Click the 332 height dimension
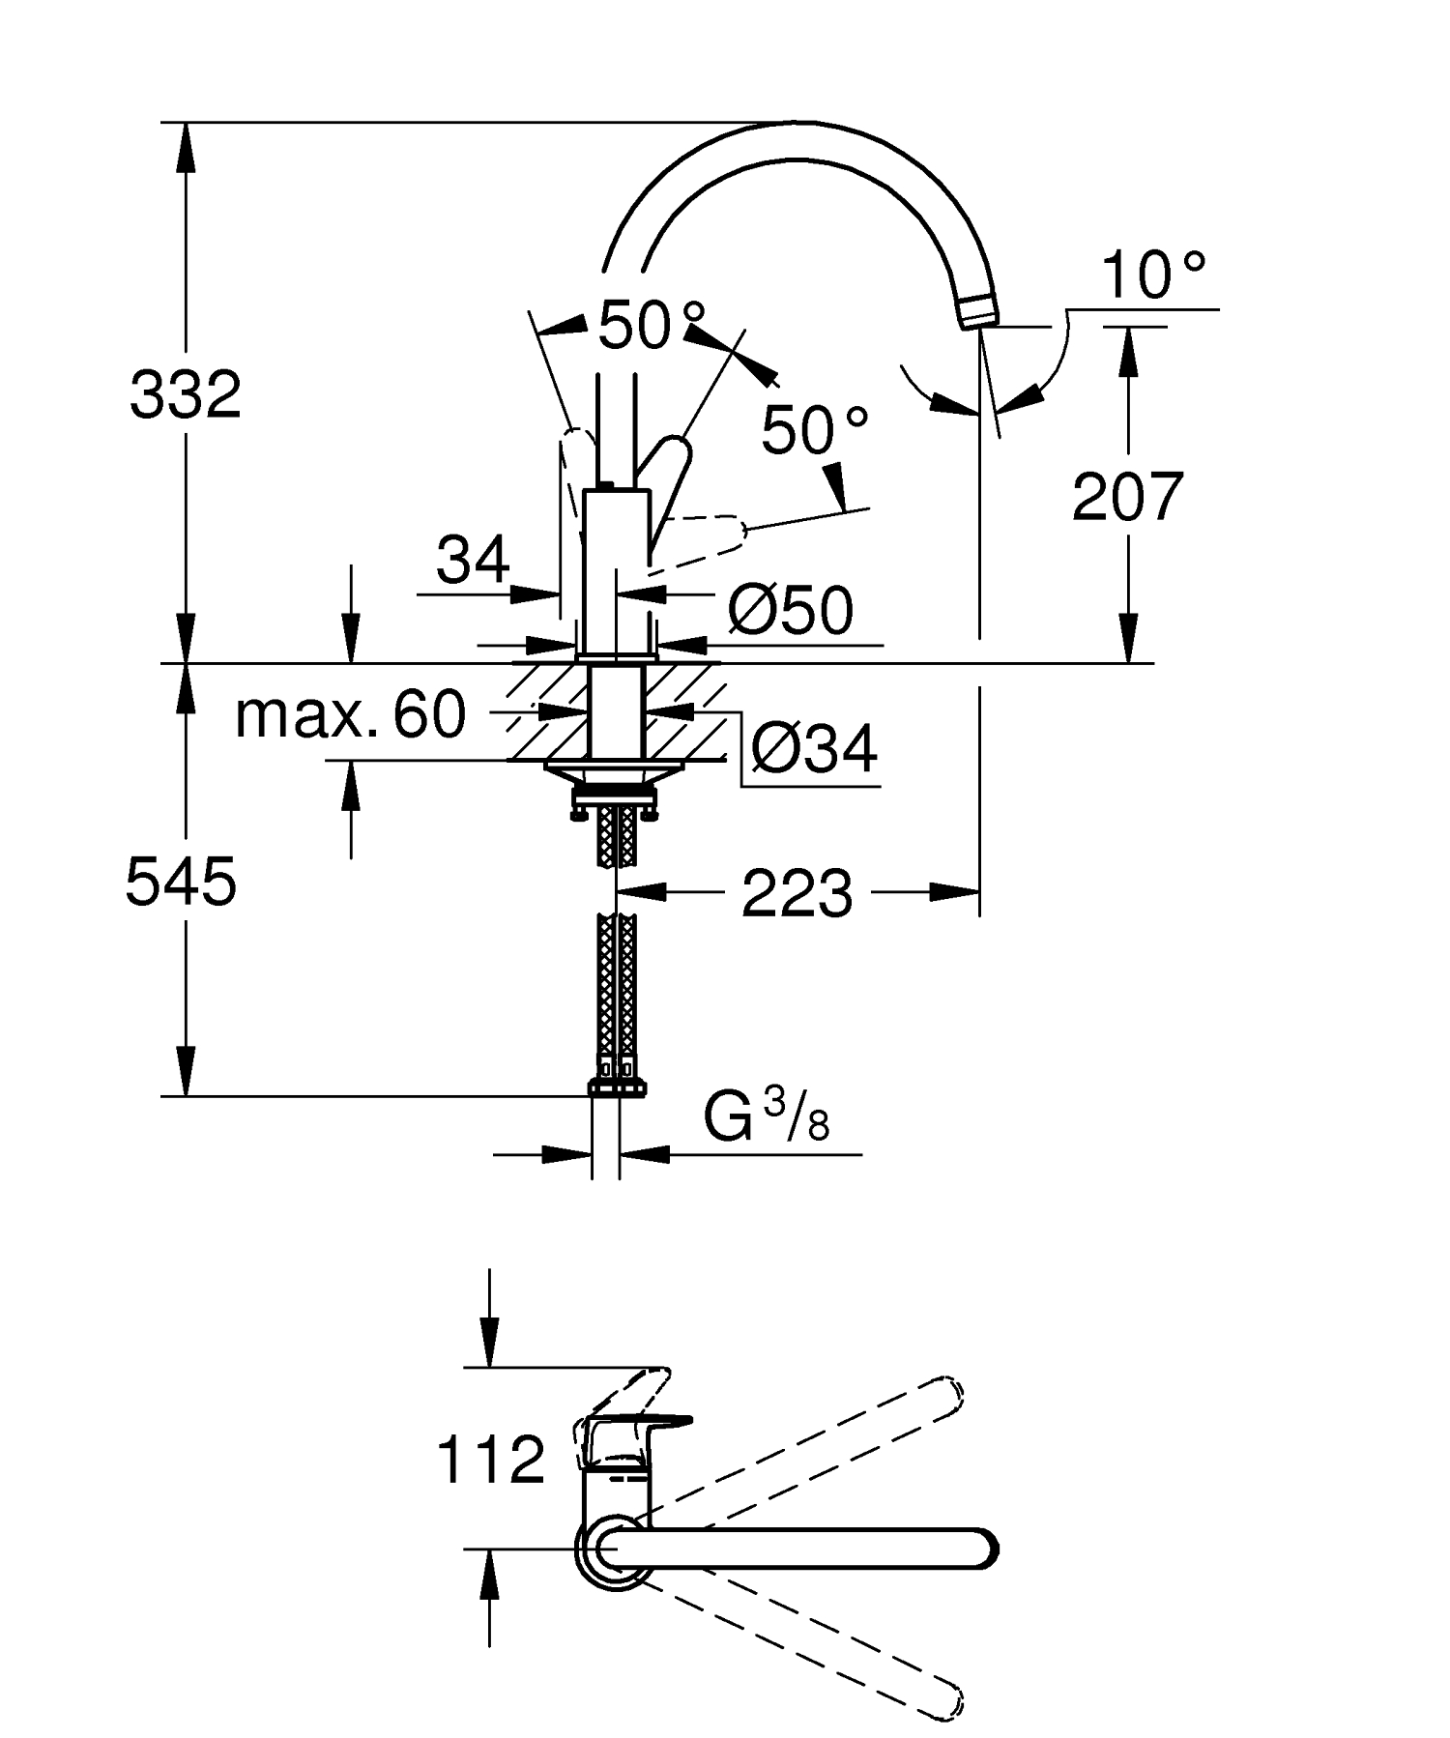pos(186,394)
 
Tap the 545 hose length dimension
pos(181,883)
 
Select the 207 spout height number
pos(1127,497)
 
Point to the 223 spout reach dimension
pos(797,893)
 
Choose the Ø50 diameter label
pos(791,611)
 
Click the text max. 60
pos(350,715)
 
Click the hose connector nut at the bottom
pos(617,1088)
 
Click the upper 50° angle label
pos(651,325)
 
